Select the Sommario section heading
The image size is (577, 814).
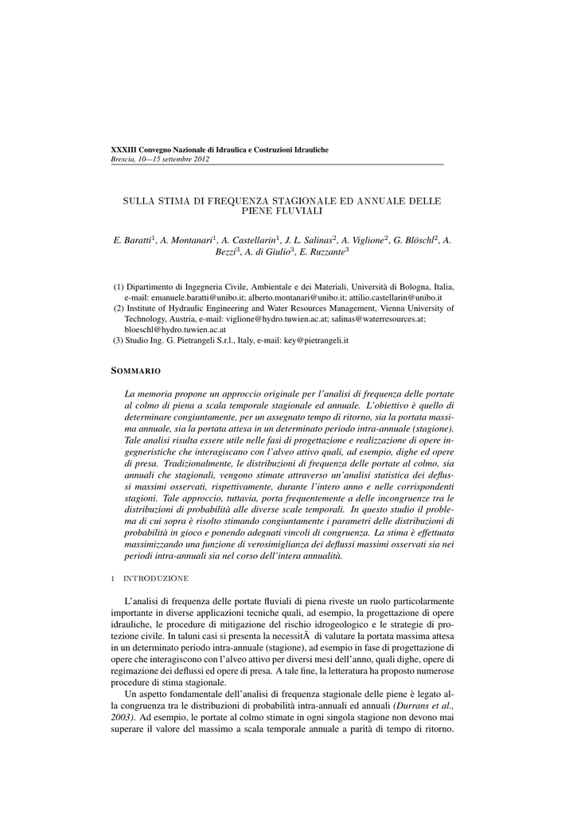click(136, 371)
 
